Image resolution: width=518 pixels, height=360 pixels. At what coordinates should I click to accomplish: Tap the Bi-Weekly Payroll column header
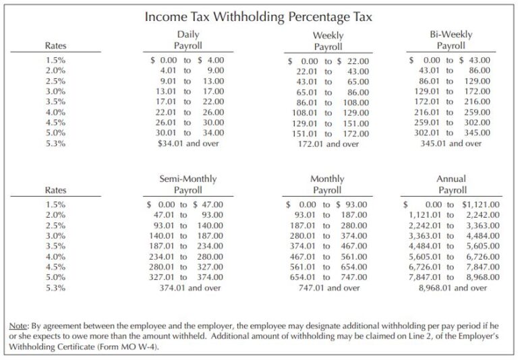click(451, 40)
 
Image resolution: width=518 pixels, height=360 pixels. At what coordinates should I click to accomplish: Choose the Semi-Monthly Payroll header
click(188, 185)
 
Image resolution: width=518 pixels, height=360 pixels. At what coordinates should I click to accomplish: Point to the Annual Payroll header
click(451, 185)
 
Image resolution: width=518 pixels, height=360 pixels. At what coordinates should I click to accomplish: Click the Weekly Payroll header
click(328, 41)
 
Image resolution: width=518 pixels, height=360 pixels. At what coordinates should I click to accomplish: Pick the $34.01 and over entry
click(188, 143)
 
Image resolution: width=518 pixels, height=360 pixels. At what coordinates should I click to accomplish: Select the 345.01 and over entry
click(451, 143)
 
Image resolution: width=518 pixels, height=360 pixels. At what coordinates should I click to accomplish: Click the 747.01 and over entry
click(328, 288)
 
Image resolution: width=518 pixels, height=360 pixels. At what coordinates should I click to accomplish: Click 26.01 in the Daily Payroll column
click(165, 122)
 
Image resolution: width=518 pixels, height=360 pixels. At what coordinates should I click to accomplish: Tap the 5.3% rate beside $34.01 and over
click(55, 143)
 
